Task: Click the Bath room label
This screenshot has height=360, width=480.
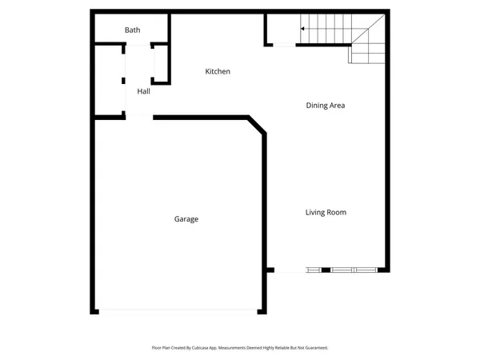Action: [133, 30]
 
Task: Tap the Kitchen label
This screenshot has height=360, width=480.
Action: [218, 72]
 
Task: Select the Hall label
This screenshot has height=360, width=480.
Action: [144, 91]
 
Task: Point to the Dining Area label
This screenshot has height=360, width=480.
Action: [326, 105]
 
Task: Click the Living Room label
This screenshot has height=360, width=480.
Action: [326, 212]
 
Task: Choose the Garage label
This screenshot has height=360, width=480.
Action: [186, 219]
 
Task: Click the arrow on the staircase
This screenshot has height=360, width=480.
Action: [304, 29]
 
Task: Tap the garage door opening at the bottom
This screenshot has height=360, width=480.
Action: [178, 310]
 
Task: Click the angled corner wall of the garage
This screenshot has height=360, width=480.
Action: [257, 125]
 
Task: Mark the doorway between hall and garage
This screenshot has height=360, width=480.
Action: [139, 118]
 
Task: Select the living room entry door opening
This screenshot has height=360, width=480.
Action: [289, 271]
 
